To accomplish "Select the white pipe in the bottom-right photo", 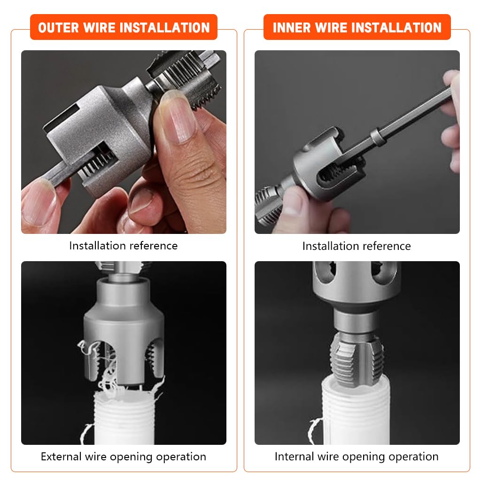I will click(356, 413).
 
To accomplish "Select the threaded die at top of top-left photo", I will click(188, 75).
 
